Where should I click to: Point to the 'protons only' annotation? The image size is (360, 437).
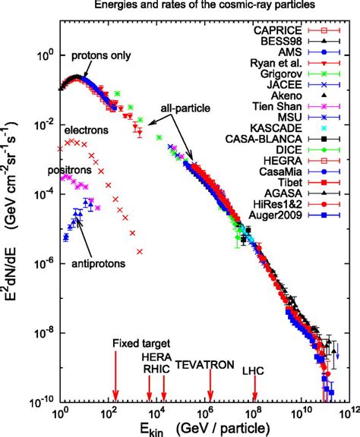(102, 57)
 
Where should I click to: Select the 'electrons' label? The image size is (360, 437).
(87, 130)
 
